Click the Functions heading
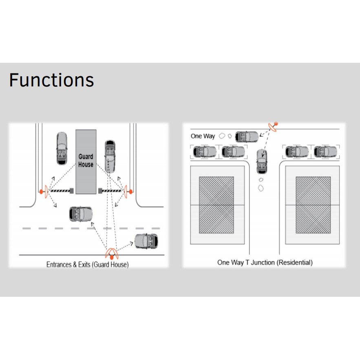point(51,80)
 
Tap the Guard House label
point(86,160)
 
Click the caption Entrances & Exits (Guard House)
point(87,265)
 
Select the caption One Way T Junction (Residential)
point(265,263)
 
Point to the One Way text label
point(203,136)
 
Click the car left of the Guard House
point(62,148)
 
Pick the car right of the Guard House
point(110,156)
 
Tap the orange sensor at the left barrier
point(44,190)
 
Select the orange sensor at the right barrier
point(128,190)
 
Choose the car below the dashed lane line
point(146,241)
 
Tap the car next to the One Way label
point(247,136)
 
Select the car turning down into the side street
point(262,161)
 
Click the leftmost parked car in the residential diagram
point(204,152)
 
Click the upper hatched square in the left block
point(216,190)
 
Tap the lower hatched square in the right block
point(313,219)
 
